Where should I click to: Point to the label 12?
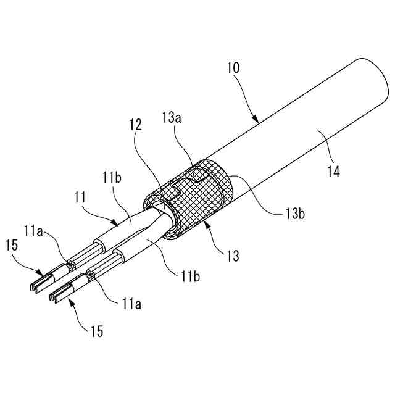pyautogui.click(x=136, y=125)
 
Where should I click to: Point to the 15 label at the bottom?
pyautogui.click(x=96, y=332)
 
